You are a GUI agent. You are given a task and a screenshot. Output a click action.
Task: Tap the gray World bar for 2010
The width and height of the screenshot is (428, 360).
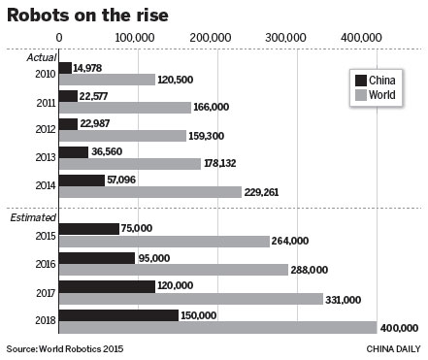click(x=108, y=80)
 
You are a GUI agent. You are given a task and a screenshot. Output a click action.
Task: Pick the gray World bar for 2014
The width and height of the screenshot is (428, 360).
click(x=150, y=192)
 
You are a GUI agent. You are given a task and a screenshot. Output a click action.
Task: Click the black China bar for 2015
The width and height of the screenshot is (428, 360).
click(x=88, y=229)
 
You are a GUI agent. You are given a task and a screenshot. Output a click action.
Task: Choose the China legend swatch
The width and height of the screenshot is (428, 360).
click(x=363, y=80)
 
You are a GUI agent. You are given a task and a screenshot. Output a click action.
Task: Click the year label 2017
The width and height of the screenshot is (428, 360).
click(x=44, y=292)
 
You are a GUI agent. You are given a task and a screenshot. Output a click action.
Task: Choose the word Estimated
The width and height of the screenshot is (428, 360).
click(x=34, y=218)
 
